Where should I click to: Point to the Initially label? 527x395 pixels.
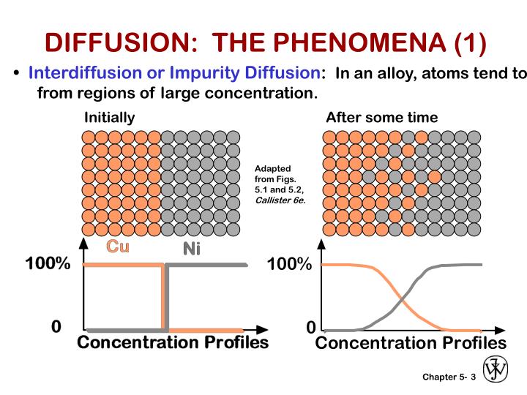[x=110, y=117]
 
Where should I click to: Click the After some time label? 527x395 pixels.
[x=381, y=117]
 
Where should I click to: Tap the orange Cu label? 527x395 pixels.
[x=118, y=247]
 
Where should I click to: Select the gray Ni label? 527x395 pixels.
[x=191, y=249]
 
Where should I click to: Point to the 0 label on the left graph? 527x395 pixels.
[x=56, y=326]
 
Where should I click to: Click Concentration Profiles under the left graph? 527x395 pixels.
[x=173, y=343]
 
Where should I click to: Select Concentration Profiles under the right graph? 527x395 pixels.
[x=411, y=344]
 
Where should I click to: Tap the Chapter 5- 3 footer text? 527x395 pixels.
[x=449, y=377]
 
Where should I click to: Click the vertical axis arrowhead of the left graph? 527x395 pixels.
[x=84, y=245]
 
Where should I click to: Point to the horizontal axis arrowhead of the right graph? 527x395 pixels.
[x=502, y=331]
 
